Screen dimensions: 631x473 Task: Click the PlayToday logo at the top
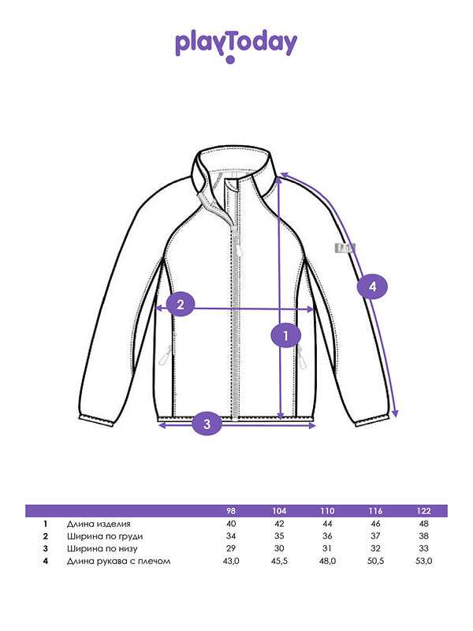(x=236, y=46)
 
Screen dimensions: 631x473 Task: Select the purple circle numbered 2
(x=181, y=304)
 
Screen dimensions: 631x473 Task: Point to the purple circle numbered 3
(x=207, y=424)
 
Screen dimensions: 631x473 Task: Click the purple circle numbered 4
(x=373, y=286)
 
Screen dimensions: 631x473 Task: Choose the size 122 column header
(x=423, y=510)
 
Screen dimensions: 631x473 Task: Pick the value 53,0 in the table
(x=423, y=562)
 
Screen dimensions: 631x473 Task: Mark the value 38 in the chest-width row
(x=423, y=536)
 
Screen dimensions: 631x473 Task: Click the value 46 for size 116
(x=374, y=524)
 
